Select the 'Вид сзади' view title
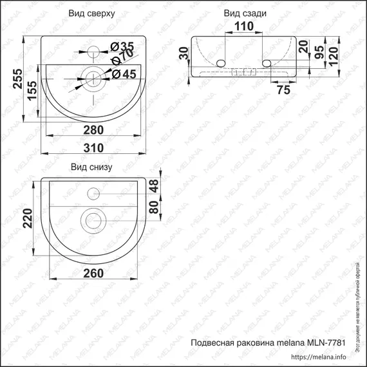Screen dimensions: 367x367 pyautogui.click(x=245, y=13)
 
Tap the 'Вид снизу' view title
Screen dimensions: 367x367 pyautogui.click(x=91, y=169)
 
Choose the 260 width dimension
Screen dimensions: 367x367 pyautogui.click(x=93, y=274)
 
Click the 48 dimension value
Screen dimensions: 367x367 pyautogui.click(x=153, y=187)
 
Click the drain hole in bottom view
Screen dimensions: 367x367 pyautogui.click(x=93, y=221)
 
